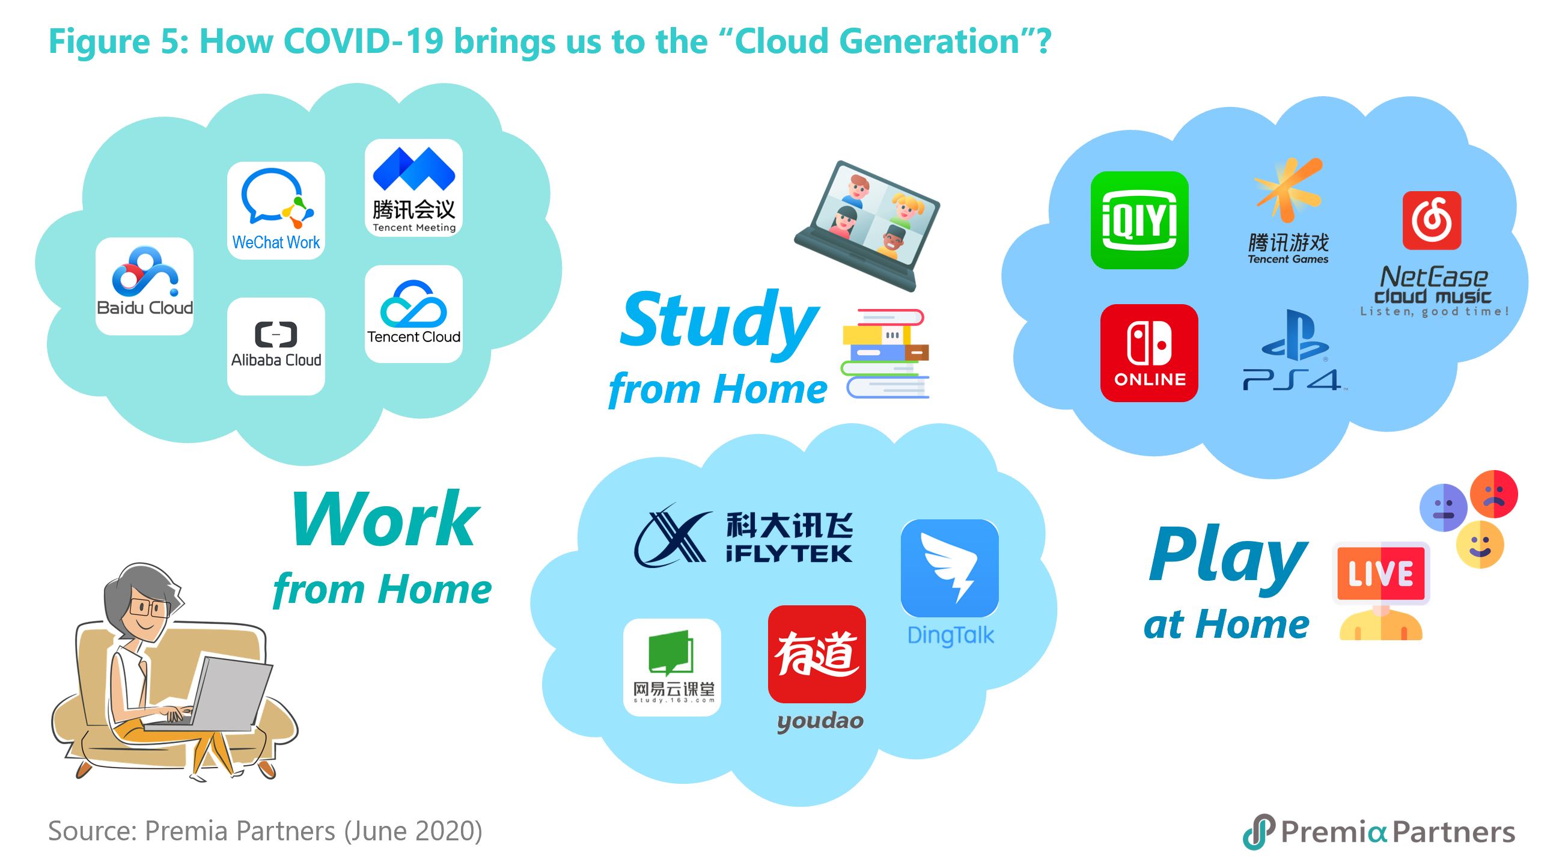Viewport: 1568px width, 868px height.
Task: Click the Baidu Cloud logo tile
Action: [144, 286]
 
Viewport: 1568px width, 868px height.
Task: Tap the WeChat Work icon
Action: [276, 210]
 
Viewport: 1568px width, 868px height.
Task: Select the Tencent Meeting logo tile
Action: [413, 188]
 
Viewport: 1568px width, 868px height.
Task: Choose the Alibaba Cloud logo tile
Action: [276, 346]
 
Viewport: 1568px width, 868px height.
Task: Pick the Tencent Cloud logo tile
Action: [413, 314]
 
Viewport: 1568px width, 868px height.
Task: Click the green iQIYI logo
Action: [1139, 221]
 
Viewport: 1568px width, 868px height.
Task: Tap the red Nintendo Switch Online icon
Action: [1149, 353]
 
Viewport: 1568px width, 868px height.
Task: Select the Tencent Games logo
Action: [1288, 210]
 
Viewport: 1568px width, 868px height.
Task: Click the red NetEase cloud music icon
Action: [1432, 221]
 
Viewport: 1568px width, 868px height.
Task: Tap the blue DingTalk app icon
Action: [950, 568]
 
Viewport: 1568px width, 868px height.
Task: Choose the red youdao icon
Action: [817, 655]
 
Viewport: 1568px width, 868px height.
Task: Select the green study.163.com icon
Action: [672, 667]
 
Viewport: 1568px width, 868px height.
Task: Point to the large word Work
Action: [385, 519]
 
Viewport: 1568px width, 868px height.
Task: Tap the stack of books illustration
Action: [886, 353]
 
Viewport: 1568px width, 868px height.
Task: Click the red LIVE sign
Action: [1380, 573]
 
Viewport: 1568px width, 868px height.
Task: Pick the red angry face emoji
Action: [1493, 494]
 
